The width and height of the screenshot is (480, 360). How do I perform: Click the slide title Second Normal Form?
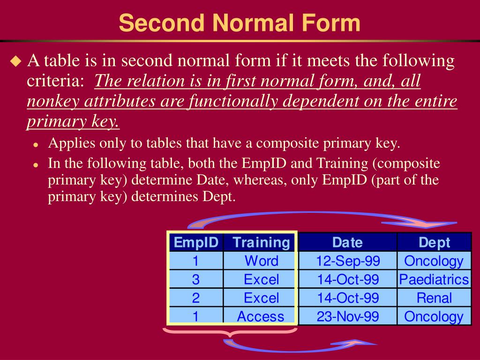coord(240,22)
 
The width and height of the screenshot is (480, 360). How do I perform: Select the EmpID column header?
coord(196,242)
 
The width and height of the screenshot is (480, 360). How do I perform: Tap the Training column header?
coord(261,242)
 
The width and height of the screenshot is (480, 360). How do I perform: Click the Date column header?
coord(347,242)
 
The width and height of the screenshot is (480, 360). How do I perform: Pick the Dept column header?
coord(434,242)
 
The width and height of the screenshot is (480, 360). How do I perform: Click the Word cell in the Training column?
coord(261,261)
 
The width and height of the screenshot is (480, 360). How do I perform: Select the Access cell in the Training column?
coord(261,316)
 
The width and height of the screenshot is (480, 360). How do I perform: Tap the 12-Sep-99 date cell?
coord(347,261)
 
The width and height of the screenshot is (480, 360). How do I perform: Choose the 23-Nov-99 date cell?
coord(347,316)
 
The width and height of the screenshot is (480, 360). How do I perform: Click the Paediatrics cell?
coord(434,280)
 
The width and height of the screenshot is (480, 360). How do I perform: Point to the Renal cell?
coord(434,298)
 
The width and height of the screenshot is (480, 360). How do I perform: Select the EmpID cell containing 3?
coord(196,280)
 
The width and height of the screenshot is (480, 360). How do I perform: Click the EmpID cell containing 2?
coord(196,298)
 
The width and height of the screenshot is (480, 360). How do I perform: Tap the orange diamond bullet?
coord(16,61)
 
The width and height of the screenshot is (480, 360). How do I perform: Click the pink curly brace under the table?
coord(230,334)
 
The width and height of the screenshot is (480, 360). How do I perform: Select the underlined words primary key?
coord(73,121)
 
